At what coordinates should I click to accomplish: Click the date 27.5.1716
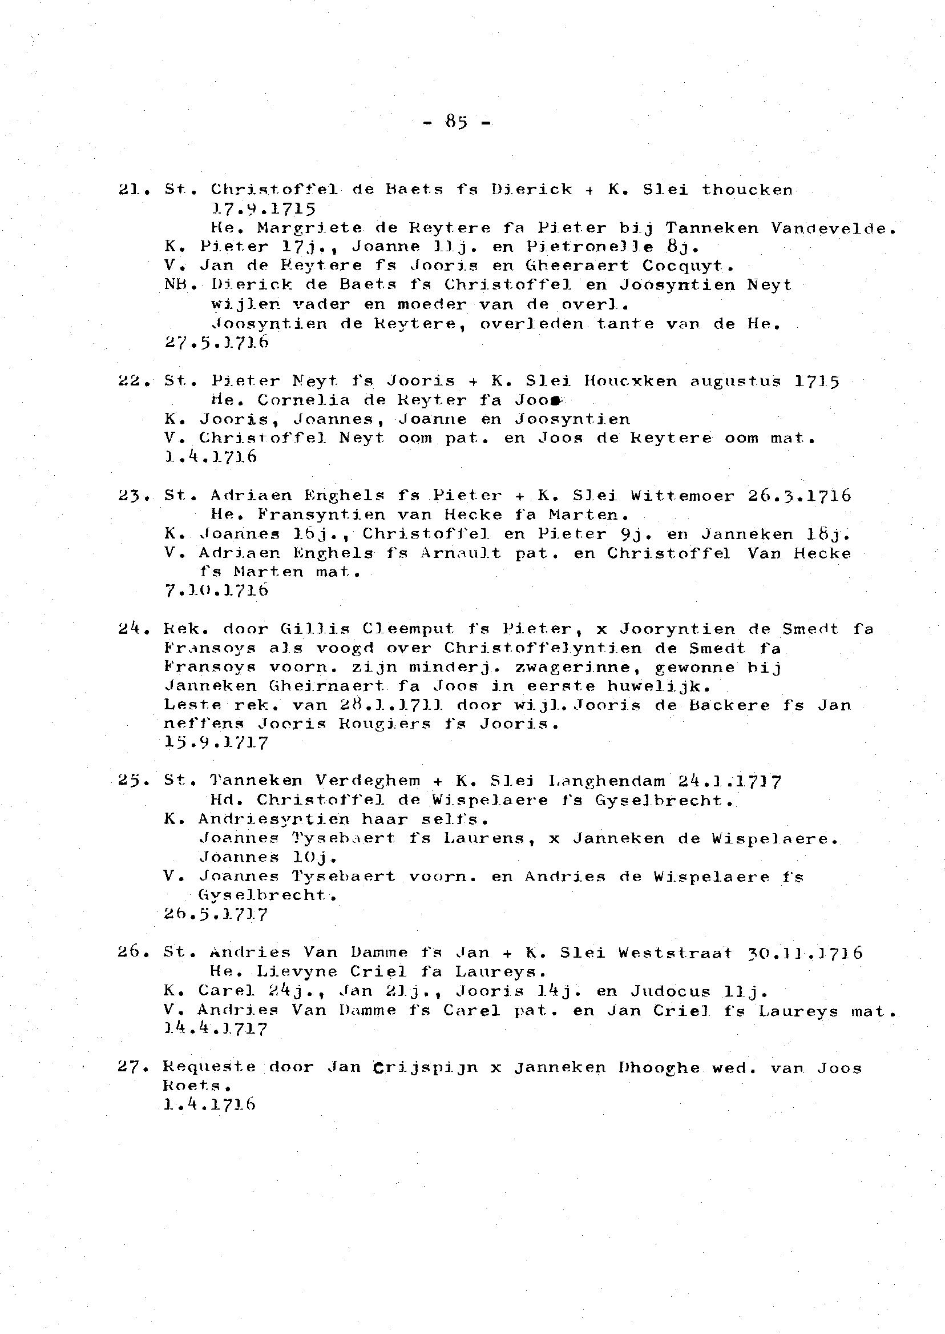216,343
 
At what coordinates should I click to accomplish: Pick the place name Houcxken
631,381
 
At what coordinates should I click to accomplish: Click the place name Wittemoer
682,496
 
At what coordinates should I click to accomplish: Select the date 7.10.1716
216,591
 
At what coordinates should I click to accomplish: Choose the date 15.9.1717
216,744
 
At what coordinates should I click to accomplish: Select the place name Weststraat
675,953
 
